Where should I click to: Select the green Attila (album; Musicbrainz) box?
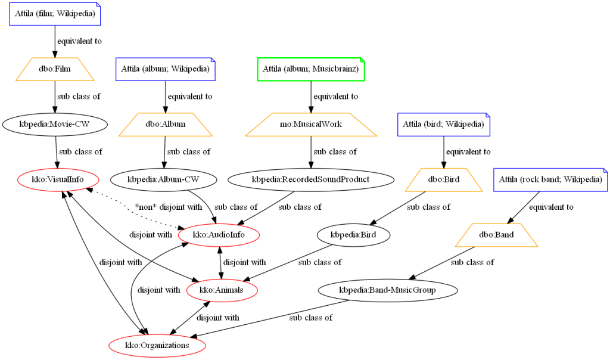pos(310,69)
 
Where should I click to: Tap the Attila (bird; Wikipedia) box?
pos(444,125)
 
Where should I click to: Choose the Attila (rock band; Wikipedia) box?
pos(550,179)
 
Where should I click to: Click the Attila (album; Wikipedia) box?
pos(165,69)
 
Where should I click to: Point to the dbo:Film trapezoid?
pos(55,69)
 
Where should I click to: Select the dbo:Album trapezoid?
pos(165,125)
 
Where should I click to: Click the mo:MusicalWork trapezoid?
pos(310,125)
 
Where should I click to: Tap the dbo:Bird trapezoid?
pos(444,179)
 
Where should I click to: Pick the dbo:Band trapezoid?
pos(496,235)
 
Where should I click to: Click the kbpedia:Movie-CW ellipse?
pos(55,125)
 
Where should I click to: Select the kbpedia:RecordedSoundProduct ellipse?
pos(310,179)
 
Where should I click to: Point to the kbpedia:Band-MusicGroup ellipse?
pos(387,290)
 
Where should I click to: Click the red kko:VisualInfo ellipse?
pos(58,179)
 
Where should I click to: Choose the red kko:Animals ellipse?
pos(223,290)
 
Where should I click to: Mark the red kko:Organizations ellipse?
pos(157,345)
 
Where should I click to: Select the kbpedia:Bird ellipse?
pos(354,235)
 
